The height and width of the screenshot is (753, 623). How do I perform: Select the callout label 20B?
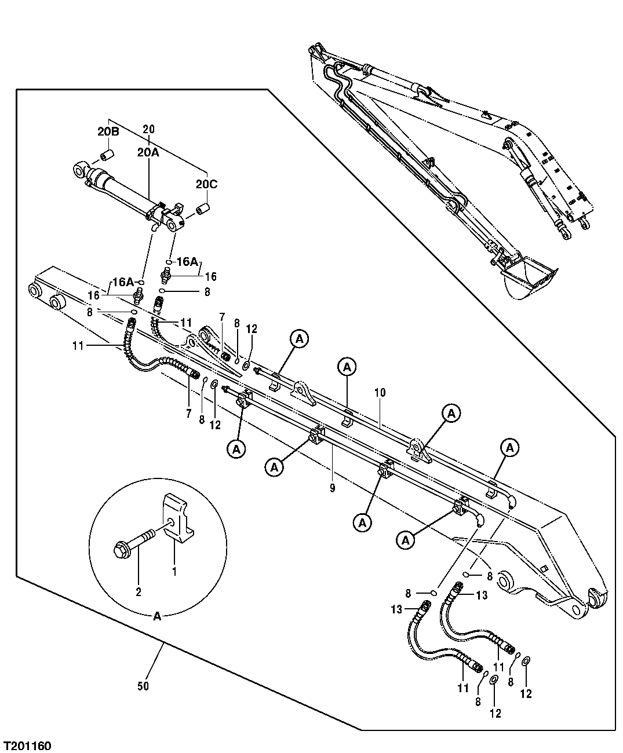click(108, 132)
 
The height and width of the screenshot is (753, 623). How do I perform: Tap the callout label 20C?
click(206, 184)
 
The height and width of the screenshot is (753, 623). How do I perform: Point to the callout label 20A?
click(148, 152)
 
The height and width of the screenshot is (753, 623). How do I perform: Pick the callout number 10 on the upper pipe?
click(380, 393)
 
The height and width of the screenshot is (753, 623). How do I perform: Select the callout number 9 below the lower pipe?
click(332, 488)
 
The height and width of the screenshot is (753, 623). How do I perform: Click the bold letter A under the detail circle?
click(157, 617)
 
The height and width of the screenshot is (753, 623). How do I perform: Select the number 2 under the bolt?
click(138, 592)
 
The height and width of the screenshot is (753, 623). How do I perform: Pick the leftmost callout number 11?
click(78, 346)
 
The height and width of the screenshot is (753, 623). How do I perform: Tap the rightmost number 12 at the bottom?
click(526, 694)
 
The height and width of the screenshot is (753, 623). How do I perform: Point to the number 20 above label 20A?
click(148, 129)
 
